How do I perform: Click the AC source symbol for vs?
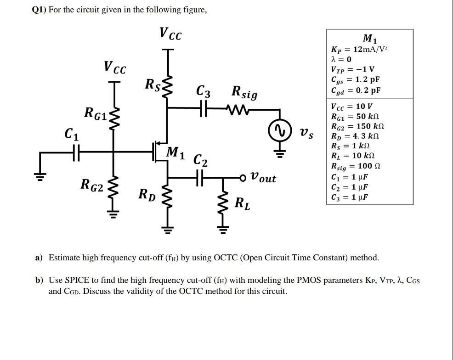click(x=278, y=133)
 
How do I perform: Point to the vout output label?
click(x=264, y=178)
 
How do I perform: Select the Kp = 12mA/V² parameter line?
click(x=360, y=49)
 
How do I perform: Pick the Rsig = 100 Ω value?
click(x=356, y=166)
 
